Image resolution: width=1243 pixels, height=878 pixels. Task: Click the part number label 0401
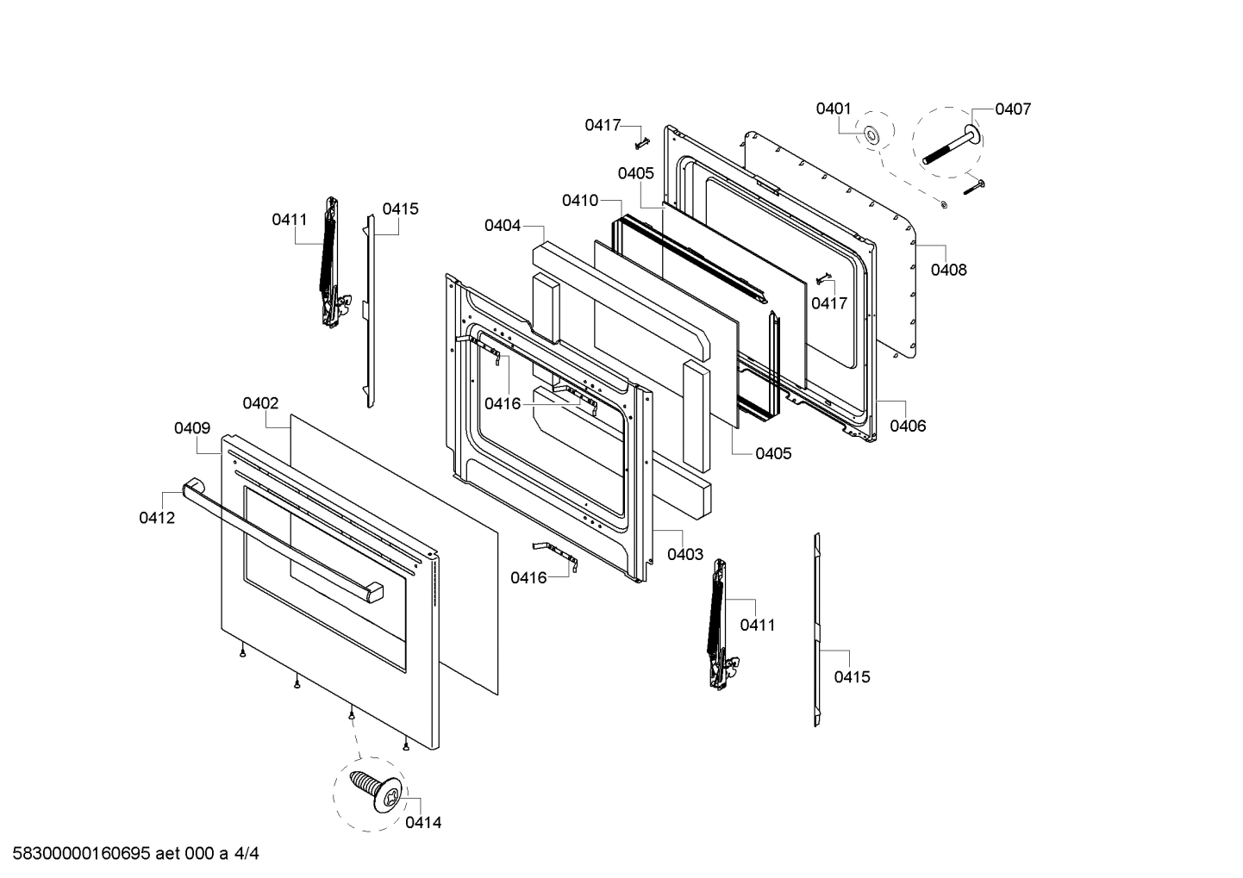tap(833, 109)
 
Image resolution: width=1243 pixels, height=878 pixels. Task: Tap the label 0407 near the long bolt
tap(1012, 109)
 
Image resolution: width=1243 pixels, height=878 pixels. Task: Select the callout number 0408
tap(948, 270)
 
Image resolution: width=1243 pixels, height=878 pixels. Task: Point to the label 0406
tap(908, 426)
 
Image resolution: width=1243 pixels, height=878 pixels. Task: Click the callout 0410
tap(579, 201)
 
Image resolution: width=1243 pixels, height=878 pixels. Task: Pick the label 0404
tap(502, 226)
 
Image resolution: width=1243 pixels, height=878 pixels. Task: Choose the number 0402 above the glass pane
tap(260, 403)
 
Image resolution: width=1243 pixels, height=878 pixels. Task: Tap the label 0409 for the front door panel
tap(192, 427)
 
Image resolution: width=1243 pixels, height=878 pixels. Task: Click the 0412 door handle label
tap(157, 518)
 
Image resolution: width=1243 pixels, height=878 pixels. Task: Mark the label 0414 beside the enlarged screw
tap(423, 823)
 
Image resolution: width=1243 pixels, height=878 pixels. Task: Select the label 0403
tap(685, 555)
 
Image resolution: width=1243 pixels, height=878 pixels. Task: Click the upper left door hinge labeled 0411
tap(329, 263)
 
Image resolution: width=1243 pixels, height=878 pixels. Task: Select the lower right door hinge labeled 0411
tap(717, 625)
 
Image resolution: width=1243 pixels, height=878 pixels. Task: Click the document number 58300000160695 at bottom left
tap(77, 855)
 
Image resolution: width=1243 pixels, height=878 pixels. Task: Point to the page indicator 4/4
tap(247, 855)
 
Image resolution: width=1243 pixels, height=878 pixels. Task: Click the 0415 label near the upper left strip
tap(401, 209)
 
